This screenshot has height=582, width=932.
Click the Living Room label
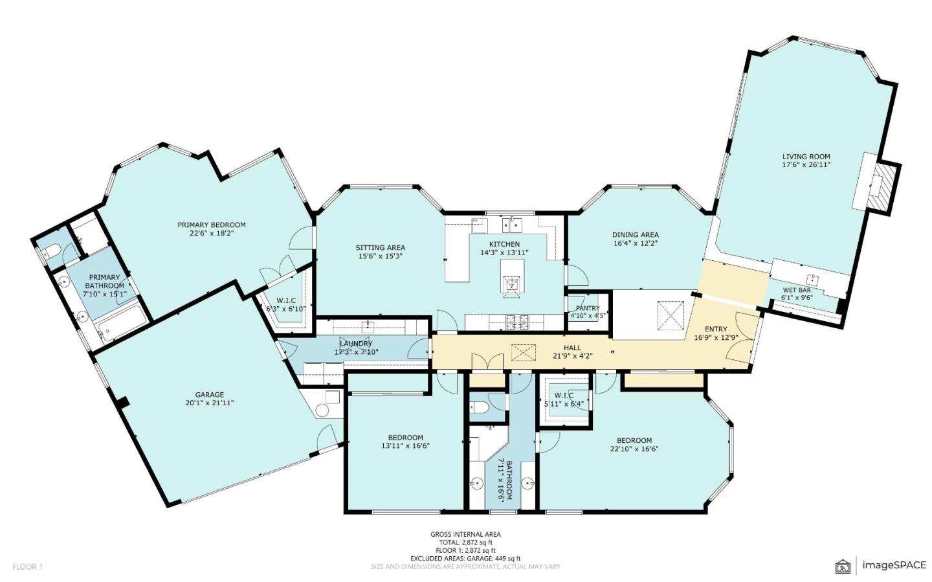(x=806, y=156)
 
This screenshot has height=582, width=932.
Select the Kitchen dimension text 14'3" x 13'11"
(x=504, y=253)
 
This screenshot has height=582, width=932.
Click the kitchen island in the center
(x=513, y=278)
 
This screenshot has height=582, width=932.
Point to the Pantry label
(x=588, y=308)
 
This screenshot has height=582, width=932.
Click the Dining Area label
(x=635, y=235)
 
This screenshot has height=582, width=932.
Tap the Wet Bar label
(x=796, y=290)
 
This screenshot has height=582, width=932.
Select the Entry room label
(x=716, y=329)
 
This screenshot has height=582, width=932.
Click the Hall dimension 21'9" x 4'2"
(x=572, y=356)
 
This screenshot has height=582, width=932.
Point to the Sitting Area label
(x=380, y=247)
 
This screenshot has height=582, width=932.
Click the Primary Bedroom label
(x=212, y=225)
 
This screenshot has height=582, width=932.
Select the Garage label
(x=209, y=394)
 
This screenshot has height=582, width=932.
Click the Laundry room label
(x=356, y=344)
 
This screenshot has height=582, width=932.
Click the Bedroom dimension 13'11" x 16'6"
(x=405, y=445)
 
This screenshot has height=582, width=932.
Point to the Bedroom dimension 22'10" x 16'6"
(x=634, y=449)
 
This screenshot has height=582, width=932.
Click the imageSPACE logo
(x=881, y=565)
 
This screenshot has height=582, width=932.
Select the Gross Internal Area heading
(x=465, y=534)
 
